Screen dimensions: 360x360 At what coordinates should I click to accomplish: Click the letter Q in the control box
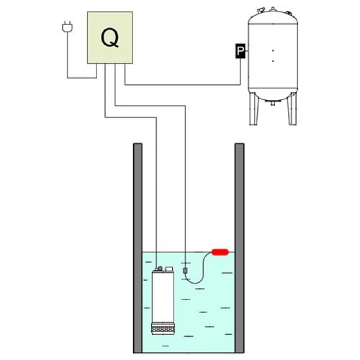pos(110,38)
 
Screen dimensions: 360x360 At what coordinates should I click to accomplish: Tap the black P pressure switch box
pos(240,51)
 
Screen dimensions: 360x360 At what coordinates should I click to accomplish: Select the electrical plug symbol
pos(68,27)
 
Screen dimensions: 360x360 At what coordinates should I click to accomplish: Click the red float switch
pos(220,252)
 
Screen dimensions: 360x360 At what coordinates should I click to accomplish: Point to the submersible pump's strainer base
pos(163,328)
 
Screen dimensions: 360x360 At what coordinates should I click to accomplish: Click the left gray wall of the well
pos(138,248)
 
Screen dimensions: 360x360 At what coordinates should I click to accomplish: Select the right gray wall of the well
pos(239,248)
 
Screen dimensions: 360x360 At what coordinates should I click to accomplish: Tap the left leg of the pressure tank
pos(254,109)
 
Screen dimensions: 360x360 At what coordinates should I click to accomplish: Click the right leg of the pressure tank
pos(292,109)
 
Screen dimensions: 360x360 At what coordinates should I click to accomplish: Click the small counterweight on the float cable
pos(185,271)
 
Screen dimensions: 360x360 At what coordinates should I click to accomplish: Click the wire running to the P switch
pos(183,85)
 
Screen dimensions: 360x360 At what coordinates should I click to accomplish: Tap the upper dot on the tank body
pos(273,50)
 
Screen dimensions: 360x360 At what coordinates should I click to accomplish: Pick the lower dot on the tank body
pos(273,61)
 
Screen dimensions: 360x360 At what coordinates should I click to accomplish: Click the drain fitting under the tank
pos(273,103)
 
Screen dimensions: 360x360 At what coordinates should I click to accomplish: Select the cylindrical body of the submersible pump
pos(163,297)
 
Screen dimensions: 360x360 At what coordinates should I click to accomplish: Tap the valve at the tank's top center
pos(273,9)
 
